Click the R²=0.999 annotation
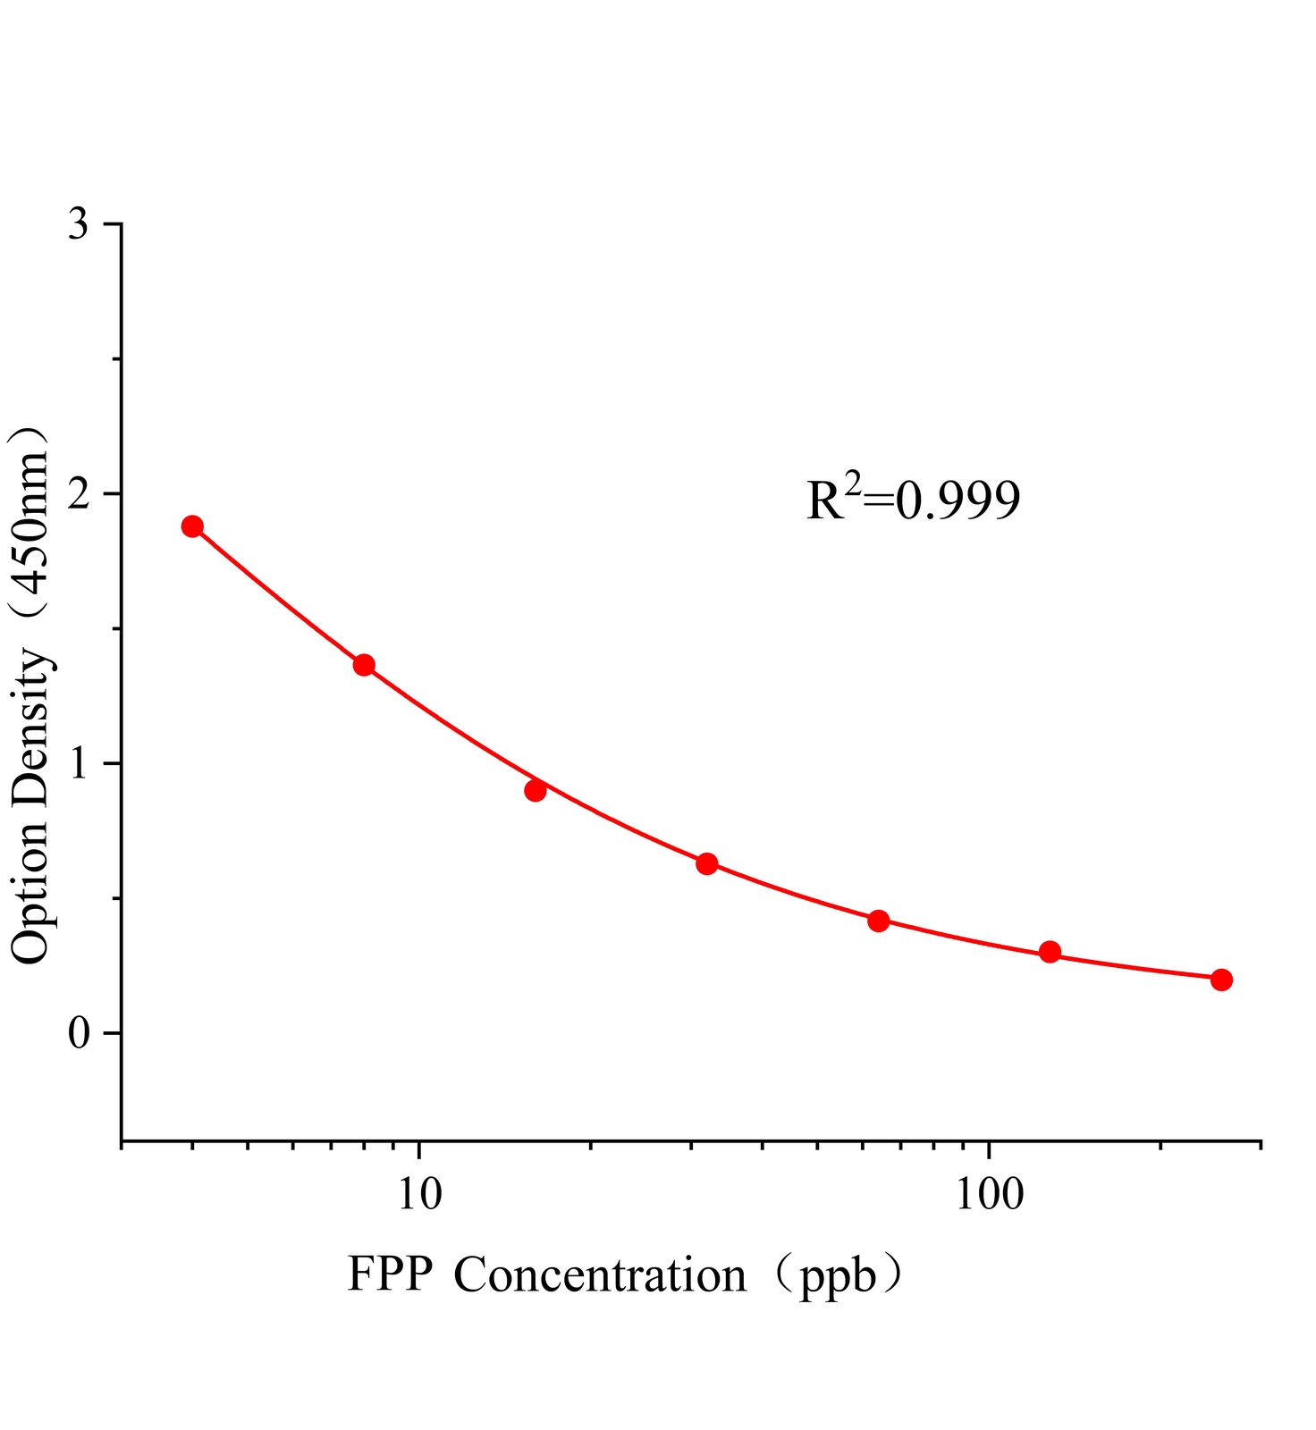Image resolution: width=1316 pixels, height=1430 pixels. tap(913, 500)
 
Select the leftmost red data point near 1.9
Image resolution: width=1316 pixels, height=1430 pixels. tap(192, 526)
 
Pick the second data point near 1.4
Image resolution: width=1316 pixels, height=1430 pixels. tap(364, 665)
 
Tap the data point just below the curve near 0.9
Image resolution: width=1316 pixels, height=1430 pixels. tap(536, 790)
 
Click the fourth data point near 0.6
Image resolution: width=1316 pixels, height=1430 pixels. tap(707, 863)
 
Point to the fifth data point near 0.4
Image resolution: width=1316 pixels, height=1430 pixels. tap(879, 921)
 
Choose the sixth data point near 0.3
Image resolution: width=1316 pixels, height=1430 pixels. tap(1050, 952)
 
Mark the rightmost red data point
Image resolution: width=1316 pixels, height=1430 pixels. tap(1222, 980)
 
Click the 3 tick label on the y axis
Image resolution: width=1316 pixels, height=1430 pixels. tap(79, 224)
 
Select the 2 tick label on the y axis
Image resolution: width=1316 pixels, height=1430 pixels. tap(79, 494)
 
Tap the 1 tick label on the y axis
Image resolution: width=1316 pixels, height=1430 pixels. tap(79, 764)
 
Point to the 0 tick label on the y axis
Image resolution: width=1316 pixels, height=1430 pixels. tap(79, 1034)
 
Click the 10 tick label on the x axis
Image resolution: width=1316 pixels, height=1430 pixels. tap(419, 1194)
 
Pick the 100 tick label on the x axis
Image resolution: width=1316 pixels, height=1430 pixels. tap(989, 1194)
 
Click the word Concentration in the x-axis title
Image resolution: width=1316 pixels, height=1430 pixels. tap(600, 1275)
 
